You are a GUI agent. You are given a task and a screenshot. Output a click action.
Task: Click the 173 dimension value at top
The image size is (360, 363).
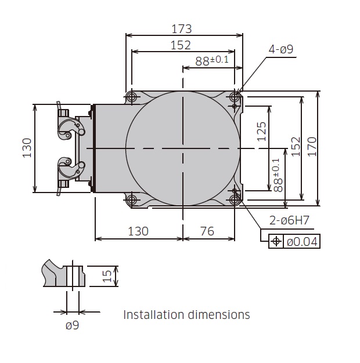(x=181, y=28)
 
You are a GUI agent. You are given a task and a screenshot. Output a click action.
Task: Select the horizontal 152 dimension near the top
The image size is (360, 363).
(x=181, y=45)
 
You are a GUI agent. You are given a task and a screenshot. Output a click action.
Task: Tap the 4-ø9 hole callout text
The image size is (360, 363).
(x=281, y=49)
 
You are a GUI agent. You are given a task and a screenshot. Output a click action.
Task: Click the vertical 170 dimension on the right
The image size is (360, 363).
(x=328, y=148)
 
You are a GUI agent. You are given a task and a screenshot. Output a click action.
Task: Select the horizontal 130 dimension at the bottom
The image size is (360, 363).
(x=138, y=231)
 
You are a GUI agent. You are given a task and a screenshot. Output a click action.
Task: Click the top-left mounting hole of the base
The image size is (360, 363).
(x=132, y=96)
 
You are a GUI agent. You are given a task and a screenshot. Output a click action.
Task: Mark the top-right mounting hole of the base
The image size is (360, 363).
(x=235, y=96)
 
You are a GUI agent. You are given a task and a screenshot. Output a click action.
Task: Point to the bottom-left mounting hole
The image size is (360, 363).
(x=132, y=199)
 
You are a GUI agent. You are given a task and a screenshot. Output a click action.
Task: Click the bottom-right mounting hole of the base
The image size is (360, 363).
(x=235, y=199)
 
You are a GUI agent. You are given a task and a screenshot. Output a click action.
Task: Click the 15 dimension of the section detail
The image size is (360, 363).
(x=107, y=276)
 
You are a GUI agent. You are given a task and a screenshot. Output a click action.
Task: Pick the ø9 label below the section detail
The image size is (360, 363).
(x=72, y=325)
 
